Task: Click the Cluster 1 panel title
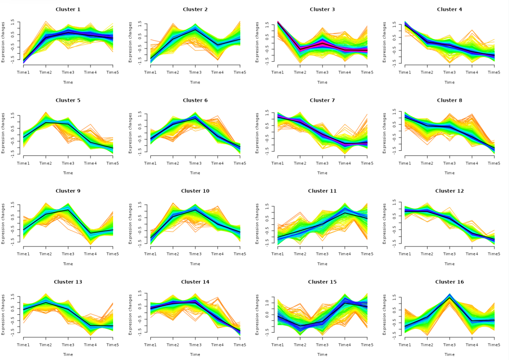click(68, 9)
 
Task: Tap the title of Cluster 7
click(322, 100)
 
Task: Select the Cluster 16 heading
click(450, 282)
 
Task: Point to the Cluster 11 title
click(322, 191)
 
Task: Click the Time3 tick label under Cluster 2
click(195, 72)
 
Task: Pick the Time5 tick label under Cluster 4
click(494, 72)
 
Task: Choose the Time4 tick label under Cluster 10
click(217, 254)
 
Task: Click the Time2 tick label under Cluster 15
click(300, 345)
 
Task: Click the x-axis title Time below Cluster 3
click(322, 82)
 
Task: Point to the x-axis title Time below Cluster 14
click(195, 355)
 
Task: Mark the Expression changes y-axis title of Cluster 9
click(3, 223)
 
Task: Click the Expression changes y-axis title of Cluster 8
click(385, 132)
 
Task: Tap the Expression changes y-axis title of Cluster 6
click(131, 132)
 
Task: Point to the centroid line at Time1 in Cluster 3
click(278, 22)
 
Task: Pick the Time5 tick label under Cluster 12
click(494, 254)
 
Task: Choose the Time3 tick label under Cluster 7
click(322, 163)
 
